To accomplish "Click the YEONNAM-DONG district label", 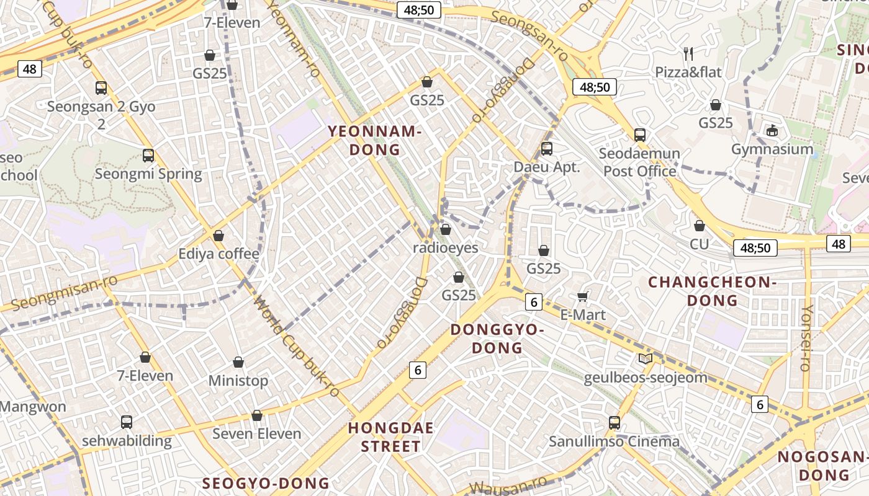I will [374, 140].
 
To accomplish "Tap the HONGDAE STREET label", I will [390, 436].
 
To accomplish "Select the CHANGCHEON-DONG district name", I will [713, 291].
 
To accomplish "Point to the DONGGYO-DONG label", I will [497, 339].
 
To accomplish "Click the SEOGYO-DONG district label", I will [266, 483].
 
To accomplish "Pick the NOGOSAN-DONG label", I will [822, 466].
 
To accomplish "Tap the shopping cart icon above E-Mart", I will [582, 296].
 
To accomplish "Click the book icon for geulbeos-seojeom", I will [646, 359].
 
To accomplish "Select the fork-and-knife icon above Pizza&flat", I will [688, 54].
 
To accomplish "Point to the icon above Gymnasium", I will [772, 131].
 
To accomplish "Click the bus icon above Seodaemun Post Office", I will [640, 135].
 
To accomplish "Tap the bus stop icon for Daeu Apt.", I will [547, 149].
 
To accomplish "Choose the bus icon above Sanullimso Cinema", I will [615, 423].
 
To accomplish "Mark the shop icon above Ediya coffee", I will [218, 236].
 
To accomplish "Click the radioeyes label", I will [446, 248].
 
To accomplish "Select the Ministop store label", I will [238, 380].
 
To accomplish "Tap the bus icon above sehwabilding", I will [127, 422].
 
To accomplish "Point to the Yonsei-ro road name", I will [806, 338].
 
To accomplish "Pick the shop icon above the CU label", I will [700, 226].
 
